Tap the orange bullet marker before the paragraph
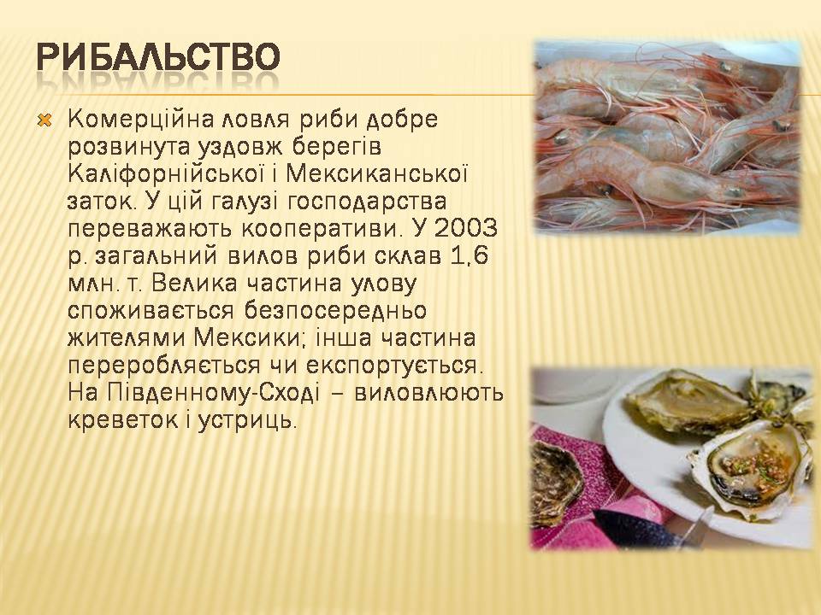45,121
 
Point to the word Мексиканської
376,173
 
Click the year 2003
465,228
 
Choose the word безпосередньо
335,311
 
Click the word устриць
247,420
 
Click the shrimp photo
668,137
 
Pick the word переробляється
164,366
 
